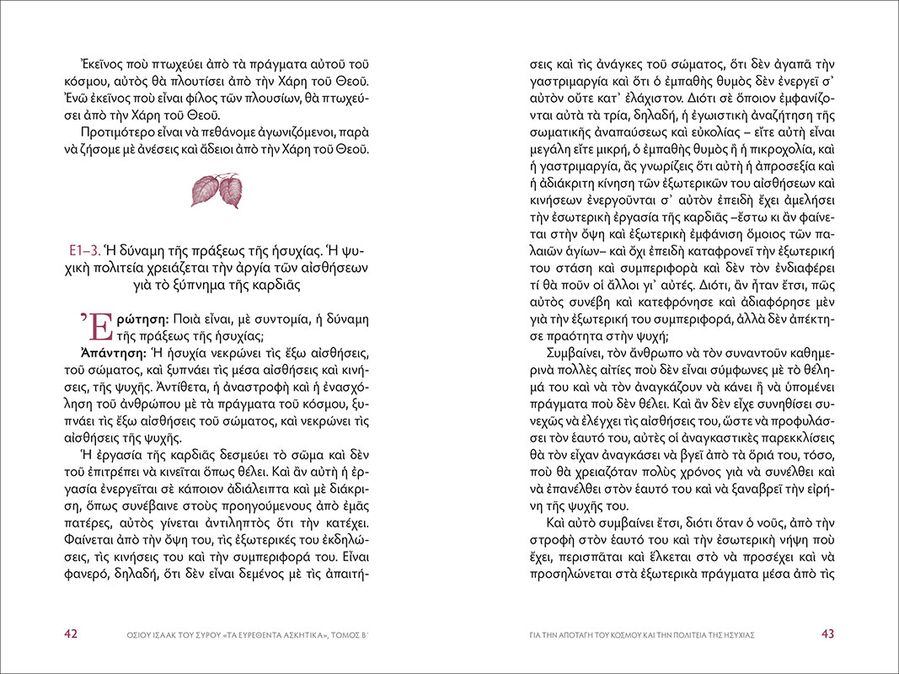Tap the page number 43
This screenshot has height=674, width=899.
click(828, 634)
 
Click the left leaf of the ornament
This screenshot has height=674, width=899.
click(204, 190)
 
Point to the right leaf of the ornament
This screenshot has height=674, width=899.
click(230, 193)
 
